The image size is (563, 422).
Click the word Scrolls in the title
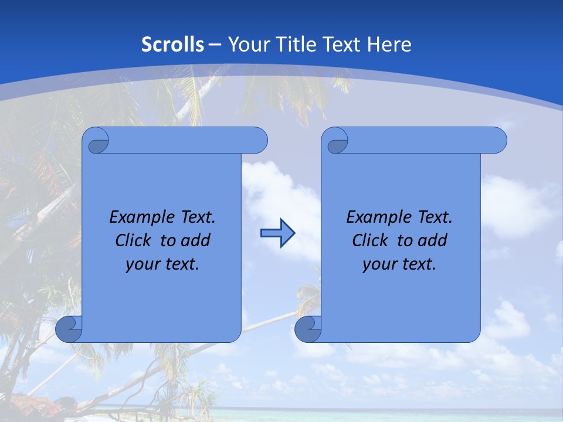tap(173, 45)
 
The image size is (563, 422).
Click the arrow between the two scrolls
tap(277, 233)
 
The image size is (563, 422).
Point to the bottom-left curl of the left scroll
tap(69, 329)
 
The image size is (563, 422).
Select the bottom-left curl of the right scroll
tap(308, 329)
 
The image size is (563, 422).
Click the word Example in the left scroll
tap(138, 217)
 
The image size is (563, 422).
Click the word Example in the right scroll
tap(375, 217)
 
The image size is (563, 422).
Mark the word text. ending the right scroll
tap(418, 264)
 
